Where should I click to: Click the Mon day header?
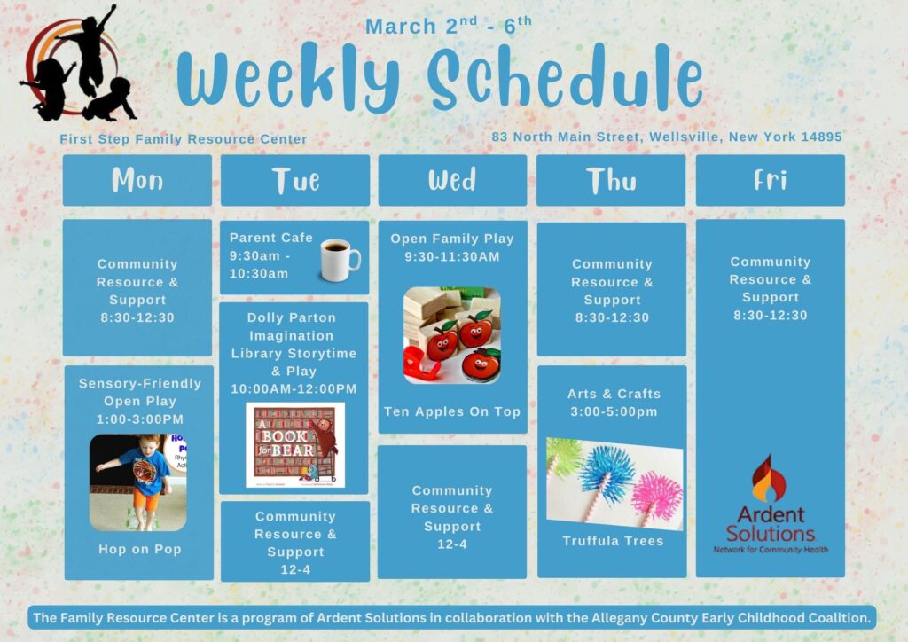pyautogui.click(x=137, y=180)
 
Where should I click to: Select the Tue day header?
pyautogui.click(x=295, y=180)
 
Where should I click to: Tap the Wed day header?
pyautogui.click(x=453, y=180)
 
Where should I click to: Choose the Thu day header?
pyautogui.click(x=611, y=180)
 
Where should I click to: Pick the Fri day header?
pyautogui.click(x=771, y=180)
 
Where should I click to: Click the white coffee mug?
pyautogui.click(x=340, y=260)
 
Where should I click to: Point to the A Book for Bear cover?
pyautogui.click(x=295, y=444)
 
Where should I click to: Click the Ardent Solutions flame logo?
pyautogui.click(x=769, y=478)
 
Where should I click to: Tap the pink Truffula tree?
pyautogui.click(x=656, y=497)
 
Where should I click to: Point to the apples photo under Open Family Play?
pyautogui.click(x=452, y=335)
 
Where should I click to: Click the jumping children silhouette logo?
pyautogui.click(x=78, y=64)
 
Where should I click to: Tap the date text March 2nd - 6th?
pyautogui.click(x=448, y=26)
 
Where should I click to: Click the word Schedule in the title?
pyautogui.click(x=565, y=79)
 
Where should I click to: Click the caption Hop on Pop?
pyautogui.click(x=140, y=549)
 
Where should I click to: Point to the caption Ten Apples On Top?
pyautogui.click(x=452, y=411)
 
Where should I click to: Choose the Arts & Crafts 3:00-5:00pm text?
pyautogui.click(x=614, y=403)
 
